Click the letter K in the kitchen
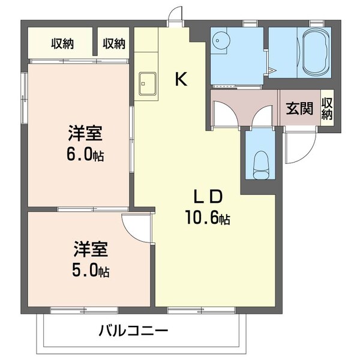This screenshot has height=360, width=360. point(181,79)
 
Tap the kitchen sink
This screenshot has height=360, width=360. point(146,84)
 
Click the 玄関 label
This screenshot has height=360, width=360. point(299,109)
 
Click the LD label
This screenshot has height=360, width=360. point(208,196)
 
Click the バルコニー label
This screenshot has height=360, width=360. point(133,331)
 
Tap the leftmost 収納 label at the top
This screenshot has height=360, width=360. point(62,43)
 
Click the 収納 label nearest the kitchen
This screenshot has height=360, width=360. point(113,43)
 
